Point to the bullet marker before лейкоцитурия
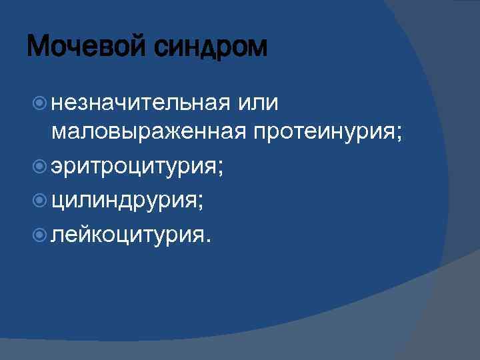[x=39, y=235]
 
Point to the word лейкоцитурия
[x=125, y=235]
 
